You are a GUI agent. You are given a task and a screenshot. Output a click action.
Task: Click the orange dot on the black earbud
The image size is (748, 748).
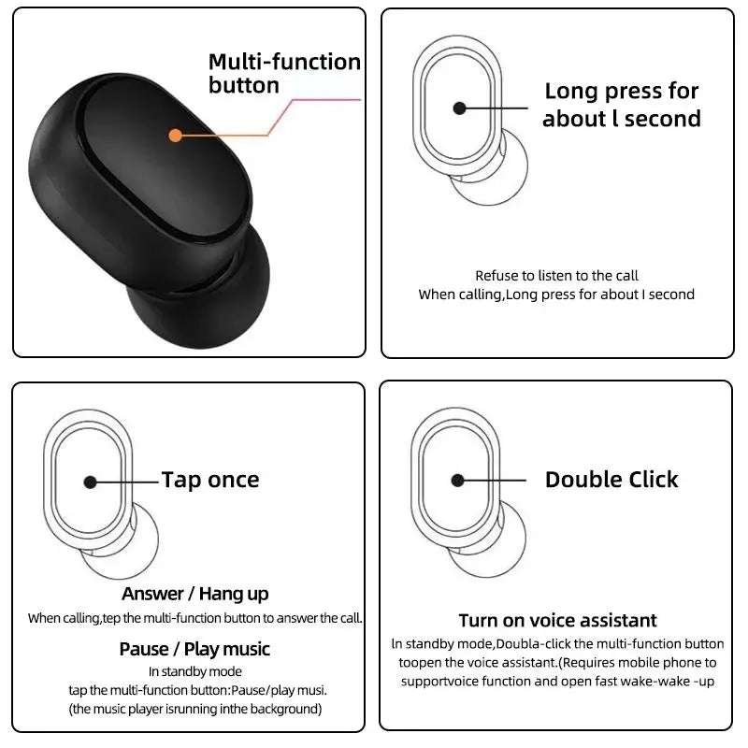click(175, 135)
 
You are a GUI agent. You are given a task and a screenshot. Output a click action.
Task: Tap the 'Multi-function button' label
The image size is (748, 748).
click(283, 74)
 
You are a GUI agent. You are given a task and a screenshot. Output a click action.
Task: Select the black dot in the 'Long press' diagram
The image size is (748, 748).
click(459, 108)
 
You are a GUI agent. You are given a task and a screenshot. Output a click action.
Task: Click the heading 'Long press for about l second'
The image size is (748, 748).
click(621, 105)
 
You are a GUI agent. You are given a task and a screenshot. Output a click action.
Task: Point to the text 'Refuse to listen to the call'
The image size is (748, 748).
click(556, 276)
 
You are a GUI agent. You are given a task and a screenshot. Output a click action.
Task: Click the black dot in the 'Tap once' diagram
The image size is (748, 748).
click(90, 482)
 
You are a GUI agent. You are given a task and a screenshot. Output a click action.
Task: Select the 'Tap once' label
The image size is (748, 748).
click(210, 481)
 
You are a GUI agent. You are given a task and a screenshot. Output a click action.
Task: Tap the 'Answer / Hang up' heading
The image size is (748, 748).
click(194, 594)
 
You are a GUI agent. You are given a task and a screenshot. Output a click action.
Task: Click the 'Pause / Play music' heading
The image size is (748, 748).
click(194, 649)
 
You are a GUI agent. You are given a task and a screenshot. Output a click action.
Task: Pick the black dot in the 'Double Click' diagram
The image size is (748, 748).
click(457, 481)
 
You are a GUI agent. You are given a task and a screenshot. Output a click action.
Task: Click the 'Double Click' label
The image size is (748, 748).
click(611, 480)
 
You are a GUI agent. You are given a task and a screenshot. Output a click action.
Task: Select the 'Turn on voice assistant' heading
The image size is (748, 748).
click(557, 621)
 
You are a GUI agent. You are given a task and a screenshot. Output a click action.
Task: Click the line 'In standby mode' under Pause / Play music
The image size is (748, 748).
click(194, 671)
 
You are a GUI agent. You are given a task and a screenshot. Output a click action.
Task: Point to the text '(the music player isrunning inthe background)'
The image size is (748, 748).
click(194, 709)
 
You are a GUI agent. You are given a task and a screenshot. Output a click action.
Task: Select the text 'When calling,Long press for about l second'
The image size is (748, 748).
click(556, 295)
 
